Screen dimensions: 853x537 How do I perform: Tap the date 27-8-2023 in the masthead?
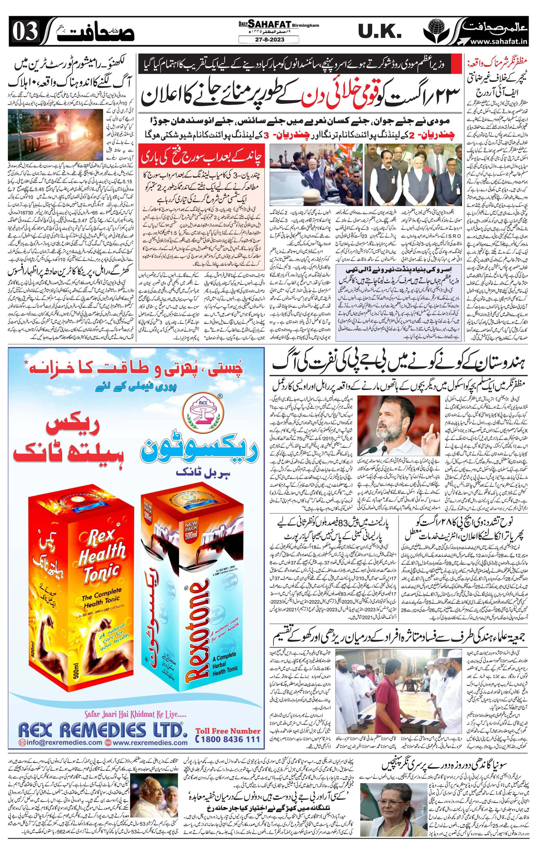click(x=268, y=40)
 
